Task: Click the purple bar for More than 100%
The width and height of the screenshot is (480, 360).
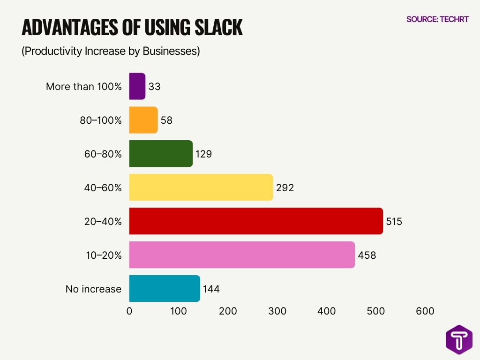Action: click(x=137, y=86)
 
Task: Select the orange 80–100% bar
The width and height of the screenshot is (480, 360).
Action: click(x=143, y=120)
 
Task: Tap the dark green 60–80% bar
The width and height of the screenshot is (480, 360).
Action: click(x=161, y=154)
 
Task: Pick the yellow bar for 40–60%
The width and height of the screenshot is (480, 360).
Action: click(x=201, y=187)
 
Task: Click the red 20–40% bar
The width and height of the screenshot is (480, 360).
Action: click(x=255, y=221)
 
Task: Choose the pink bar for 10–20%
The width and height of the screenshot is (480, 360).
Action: click(x=241, y=255)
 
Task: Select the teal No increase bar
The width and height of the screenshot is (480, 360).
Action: click(x=164, y=289)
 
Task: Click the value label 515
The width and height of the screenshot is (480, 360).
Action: click(x=394, y=221)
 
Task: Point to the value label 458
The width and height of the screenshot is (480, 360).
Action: click(x=367, y=255)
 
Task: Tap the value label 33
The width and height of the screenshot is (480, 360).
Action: click(x=154, y=87)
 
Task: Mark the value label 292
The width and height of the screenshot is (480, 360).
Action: click(x=285, y=188)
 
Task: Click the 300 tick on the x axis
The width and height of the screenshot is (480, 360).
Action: click(x=277, y=311)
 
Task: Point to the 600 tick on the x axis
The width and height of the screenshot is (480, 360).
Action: click(x=425, y=311)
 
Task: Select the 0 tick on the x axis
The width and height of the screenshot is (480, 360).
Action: click(x=129, y=311)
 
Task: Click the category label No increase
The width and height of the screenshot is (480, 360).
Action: click(x=93, y=289)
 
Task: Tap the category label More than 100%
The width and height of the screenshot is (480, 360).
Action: click(x=83, y=87)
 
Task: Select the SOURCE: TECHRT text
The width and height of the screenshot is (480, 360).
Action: click(x=437, y=19)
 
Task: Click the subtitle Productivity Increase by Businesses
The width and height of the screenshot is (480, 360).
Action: click(x=111, y=51)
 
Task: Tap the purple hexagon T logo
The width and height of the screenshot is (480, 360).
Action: click(x=459, y=339)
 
